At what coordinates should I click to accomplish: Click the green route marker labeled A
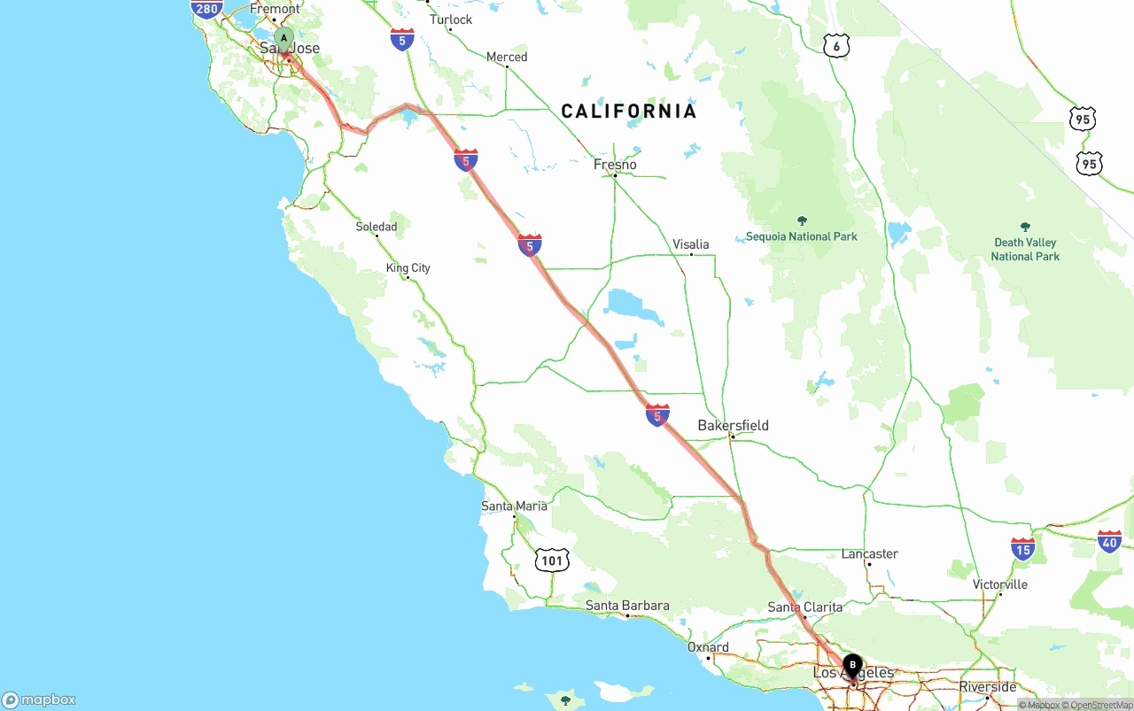coord(283,38)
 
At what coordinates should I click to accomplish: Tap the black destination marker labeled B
coord(852,664)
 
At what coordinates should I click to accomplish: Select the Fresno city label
coord(615,165)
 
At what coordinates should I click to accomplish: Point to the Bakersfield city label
coord(733,426)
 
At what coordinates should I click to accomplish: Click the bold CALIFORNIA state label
coord(629,112)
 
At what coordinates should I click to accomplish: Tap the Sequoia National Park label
coord(801,236)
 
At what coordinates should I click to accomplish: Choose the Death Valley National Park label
coord(1025,249)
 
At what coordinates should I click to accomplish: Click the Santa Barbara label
coord(627,606)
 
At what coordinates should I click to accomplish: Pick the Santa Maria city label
coord(514,506)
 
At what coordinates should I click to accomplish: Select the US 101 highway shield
coord(552,560)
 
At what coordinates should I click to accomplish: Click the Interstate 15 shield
coord(1022,549)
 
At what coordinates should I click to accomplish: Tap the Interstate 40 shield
coord(1109,541)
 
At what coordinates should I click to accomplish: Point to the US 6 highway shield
coord(836,46)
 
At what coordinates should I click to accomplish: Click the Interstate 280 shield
coord(206,9)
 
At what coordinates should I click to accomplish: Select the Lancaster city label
coord(869,554)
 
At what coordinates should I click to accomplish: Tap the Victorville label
coord(999,584)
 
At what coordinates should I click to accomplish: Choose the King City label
coord(408,267)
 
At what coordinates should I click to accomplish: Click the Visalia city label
coord(690,244)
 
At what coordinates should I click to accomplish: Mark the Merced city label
coord(506,57)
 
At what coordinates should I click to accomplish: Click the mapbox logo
coord(39,699)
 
